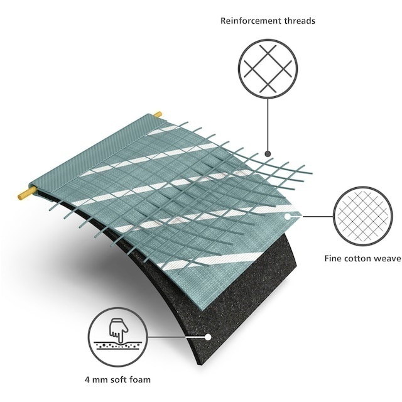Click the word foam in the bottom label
click(140, 379)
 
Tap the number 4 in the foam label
click(87, 379)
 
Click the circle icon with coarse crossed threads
click(268, 68)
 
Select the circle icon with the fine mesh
click(363, 216)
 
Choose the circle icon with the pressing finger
click(118, 337)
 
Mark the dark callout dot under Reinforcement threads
click(268, 154)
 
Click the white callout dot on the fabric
click(288, 217)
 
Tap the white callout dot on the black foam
click(208, 337)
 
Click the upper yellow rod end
click(158, 114)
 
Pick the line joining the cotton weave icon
click(318, 216)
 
